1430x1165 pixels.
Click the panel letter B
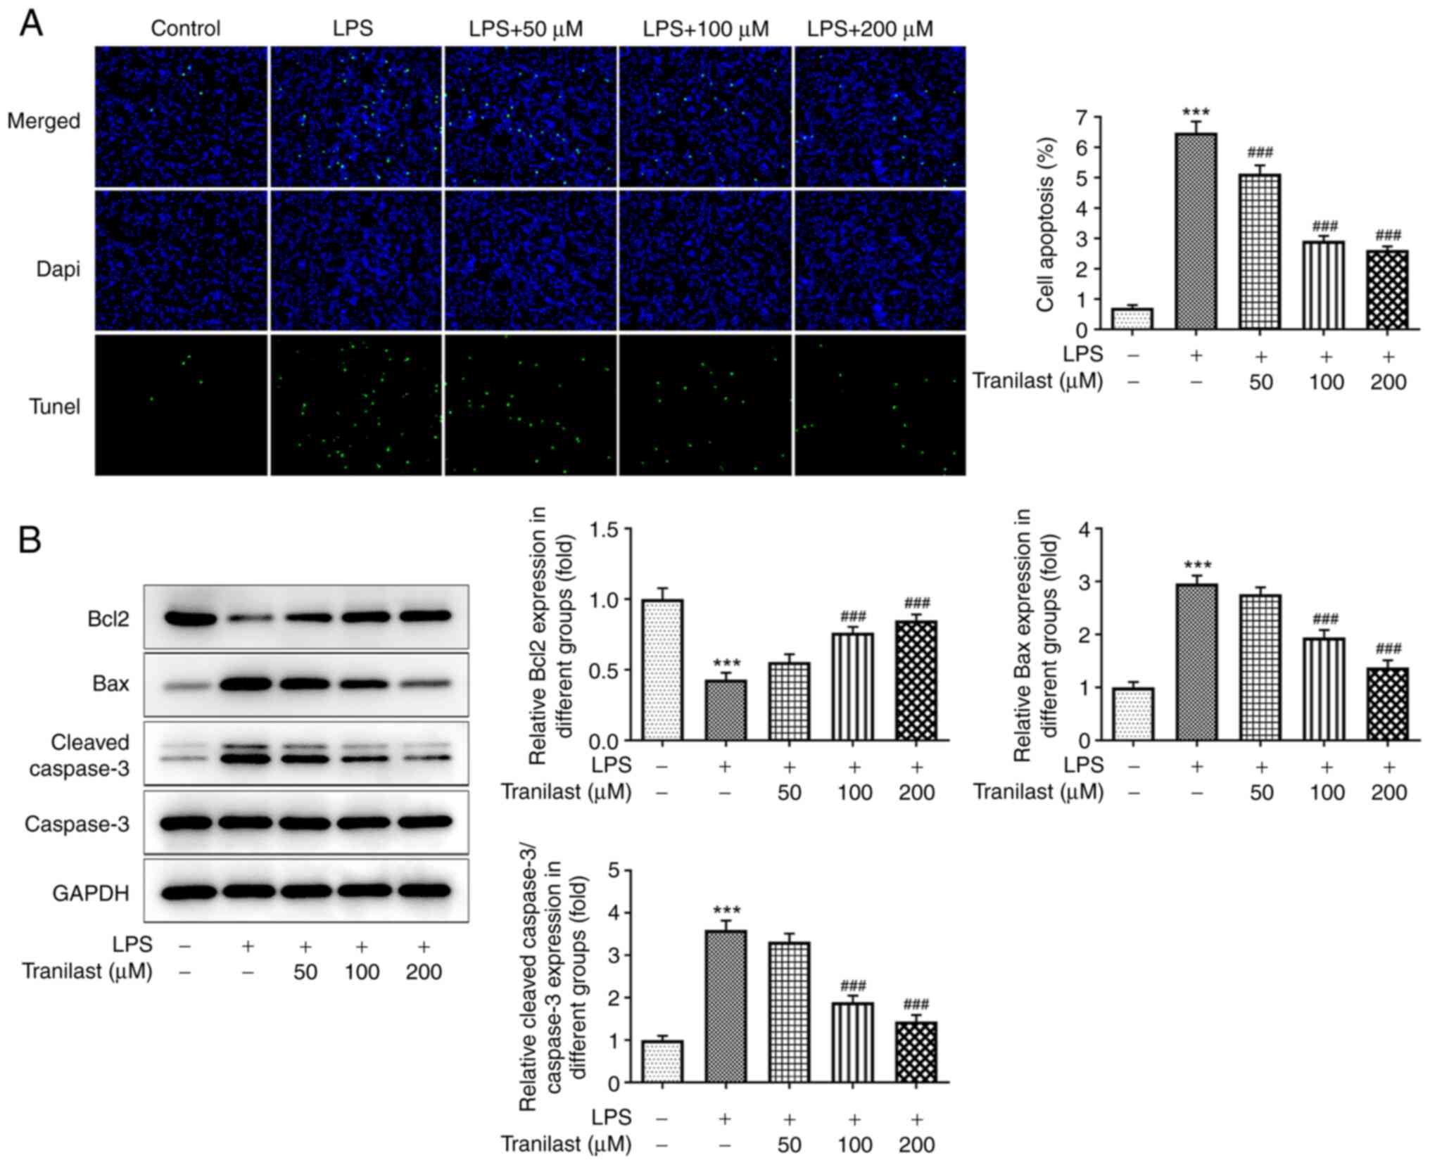tap(30, 540)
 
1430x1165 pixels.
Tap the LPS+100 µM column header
tap(705, 29)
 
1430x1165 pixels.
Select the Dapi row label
tap(58, 269)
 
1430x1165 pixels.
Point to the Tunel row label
tap(54, 407)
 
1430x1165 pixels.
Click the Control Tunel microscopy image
tap(182, 405)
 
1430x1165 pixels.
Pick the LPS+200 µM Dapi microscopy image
tap(880, 260)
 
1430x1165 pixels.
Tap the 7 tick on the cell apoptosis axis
tap(1080, 117)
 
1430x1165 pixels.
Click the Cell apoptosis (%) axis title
tap(1045, 224)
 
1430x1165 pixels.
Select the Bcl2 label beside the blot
tap(108, 619)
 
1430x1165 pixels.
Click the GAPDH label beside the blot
tap(91, 893)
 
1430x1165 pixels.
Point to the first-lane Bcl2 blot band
tap(190, 619)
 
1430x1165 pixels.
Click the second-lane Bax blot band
tap(247, 683)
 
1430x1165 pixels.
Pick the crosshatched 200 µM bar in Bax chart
tap(1388, 704)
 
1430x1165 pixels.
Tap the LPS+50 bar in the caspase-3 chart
tap(789, 1012)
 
